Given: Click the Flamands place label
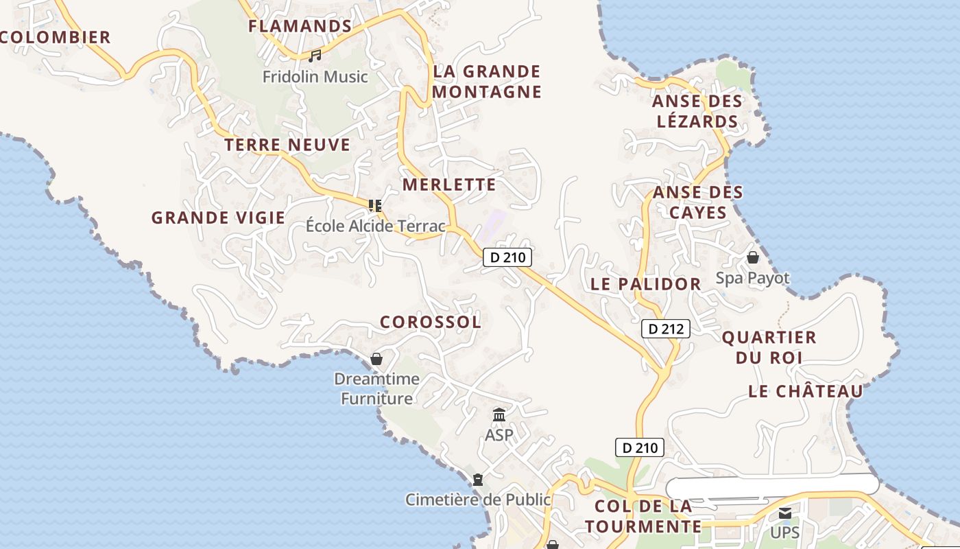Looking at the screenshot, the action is tap(300, 26).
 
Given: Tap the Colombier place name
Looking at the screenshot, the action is tap(55, 37).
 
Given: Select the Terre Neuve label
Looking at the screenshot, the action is tap(287, 145).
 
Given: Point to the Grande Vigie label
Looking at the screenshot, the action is tap(218, 218).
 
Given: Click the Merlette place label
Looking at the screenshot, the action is tap(448, 184).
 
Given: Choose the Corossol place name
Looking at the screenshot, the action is tap(430, 321).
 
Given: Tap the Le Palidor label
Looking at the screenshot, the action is tap(645, 283).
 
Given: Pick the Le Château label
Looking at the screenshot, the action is tap(805, 391).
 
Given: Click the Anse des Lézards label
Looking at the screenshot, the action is tap(697, 111).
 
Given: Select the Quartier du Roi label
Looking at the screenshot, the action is tap(769, 347).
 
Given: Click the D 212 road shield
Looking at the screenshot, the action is tap(666, 329).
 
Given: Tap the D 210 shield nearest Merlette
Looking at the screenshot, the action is tap(507, 257).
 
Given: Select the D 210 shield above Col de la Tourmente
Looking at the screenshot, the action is tap(640, 448).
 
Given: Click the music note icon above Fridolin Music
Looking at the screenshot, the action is tap(315, 56).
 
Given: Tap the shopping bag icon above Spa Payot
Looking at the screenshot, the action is tap(752, 257).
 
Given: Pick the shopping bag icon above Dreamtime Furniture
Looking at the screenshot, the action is tap(376, 358).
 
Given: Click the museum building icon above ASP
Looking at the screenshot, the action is tap(499, 415).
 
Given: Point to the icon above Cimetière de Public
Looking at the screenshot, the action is tap(477, 479).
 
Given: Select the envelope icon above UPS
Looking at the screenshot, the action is tap(784, 513).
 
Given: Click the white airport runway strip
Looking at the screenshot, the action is tap(772, 485).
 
